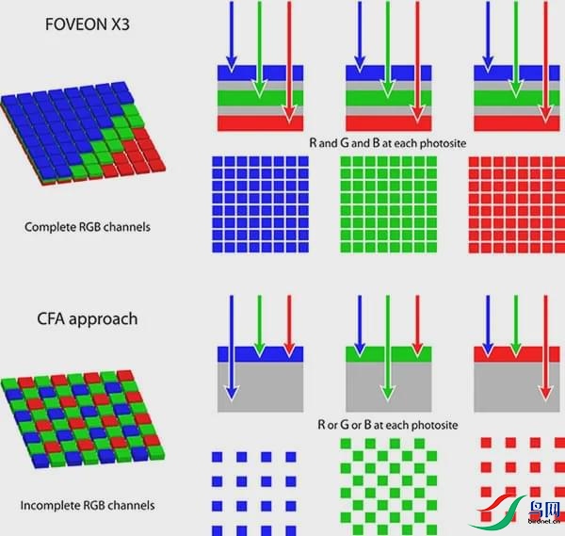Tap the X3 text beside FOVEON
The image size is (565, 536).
[x=119, y=24]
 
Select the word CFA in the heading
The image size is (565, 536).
[x=51, y=318]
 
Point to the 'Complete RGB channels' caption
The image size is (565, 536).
[x=88, y=227]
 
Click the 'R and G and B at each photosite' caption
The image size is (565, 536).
[x=388, y=143]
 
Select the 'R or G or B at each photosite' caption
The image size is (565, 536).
[x=388, y=425]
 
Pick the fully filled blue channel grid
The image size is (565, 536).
[x=260, y=204]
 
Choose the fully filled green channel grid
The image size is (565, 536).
[x=388, y=204]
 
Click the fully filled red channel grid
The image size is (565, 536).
[x=517, y=204]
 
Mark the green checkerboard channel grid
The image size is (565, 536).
[x=388, y=487]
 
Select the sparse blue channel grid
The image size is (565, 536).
[x=254, y=494]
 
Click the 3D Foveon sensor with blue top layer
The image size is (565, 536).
[x=83, y=134]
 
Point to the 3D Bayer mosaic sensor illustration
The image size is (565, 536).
[x=83, y=419]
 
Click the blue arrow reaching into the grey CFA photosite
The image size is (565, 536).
[x=232, y=348]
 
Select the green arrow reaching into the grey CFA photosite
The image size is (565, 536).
[x=388, y=348]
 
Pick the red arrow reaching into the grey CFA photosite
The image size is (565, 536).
[x=545, y=348]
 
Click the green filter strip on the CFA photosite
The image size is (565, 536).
[x=388, y=354]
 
